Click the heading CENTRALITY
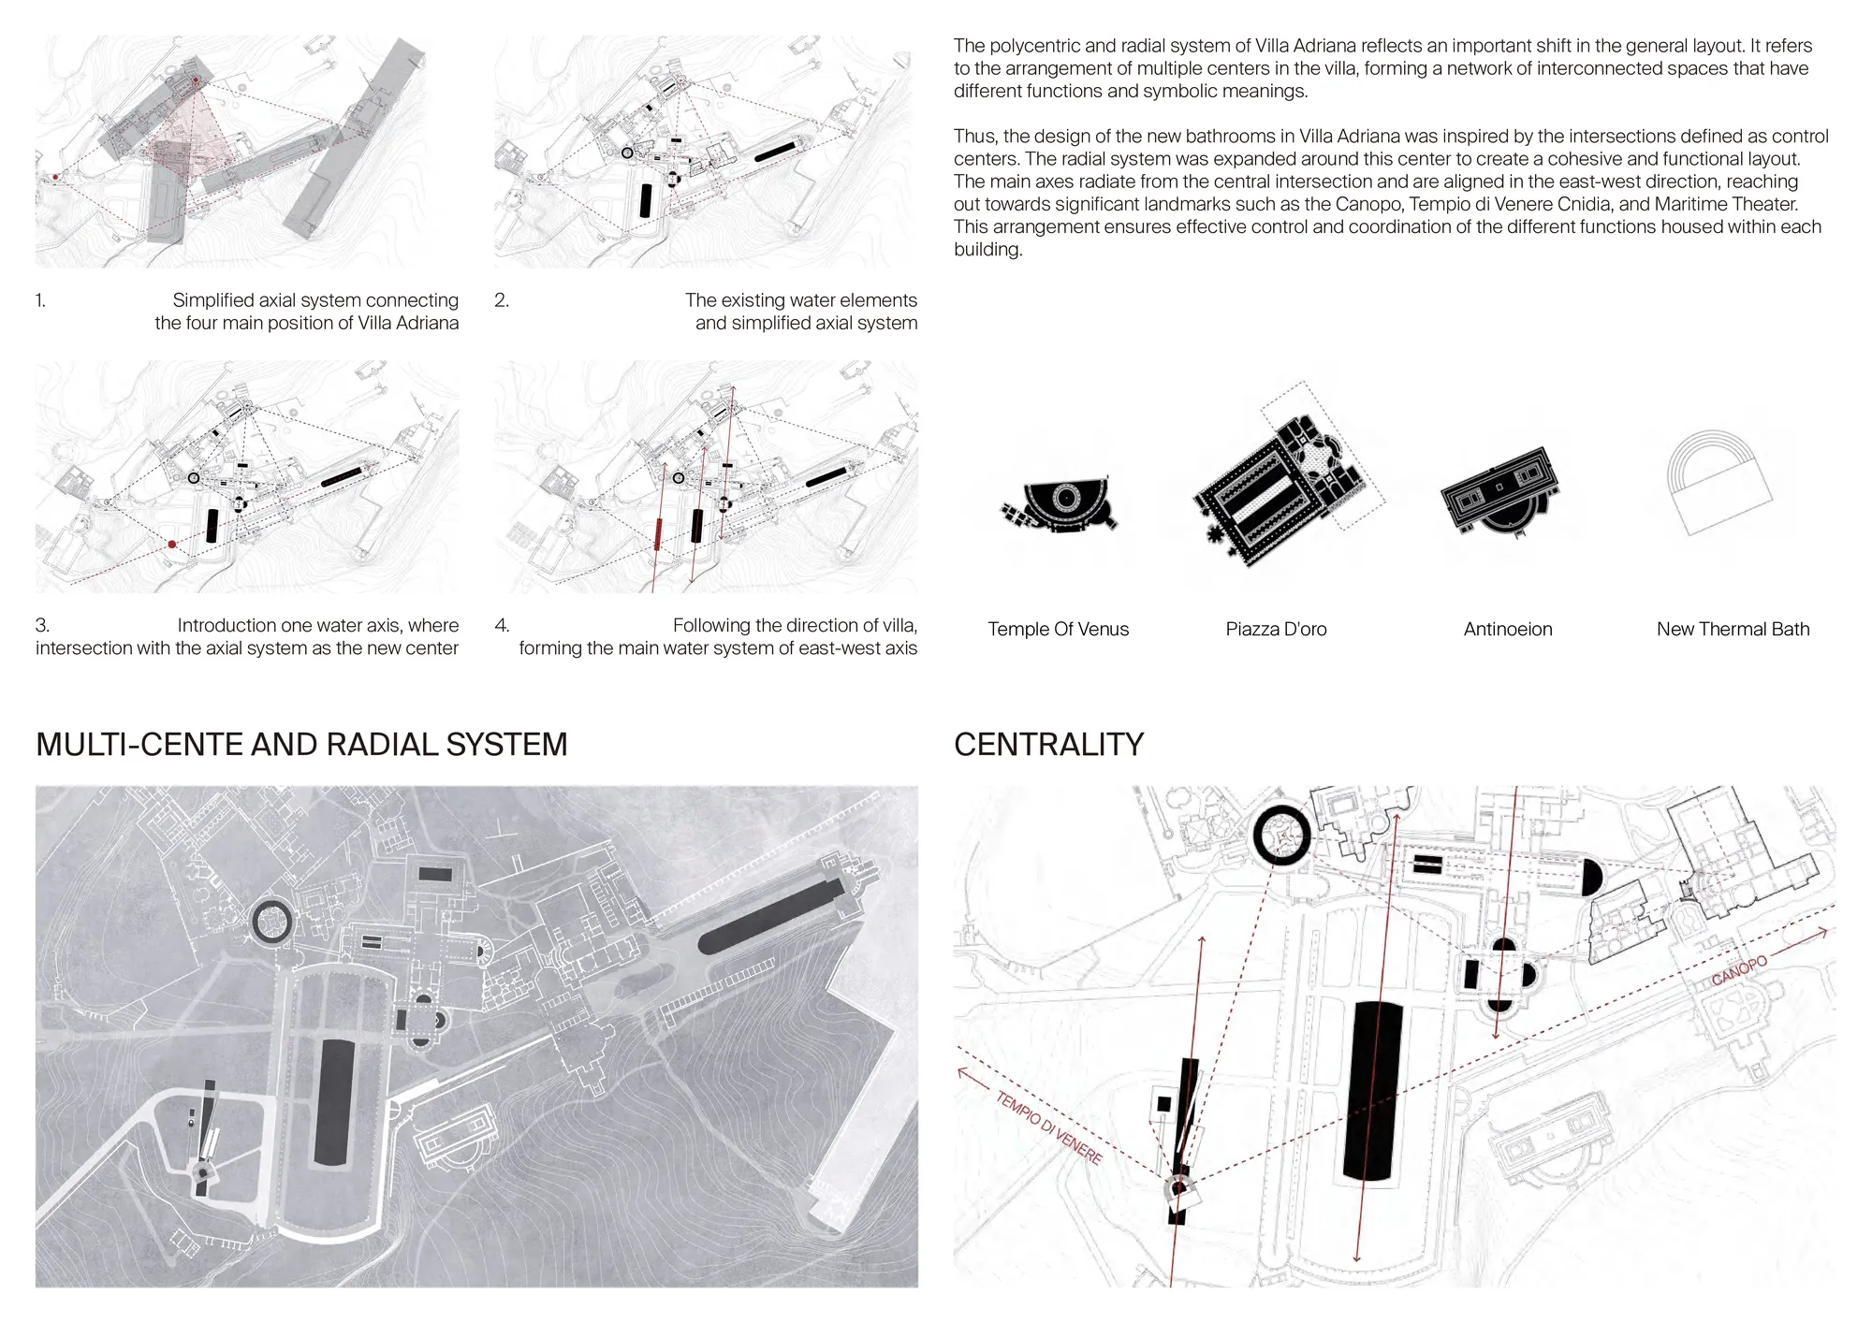[x=1048, y=744]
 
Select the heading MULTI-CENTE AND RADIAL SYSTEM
[x=301, y=744]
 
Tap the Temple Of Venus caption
[x=1058, y=629]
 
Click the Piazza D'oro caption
[x=1276, y=629]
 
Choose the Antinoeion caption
[x=1508, y=629]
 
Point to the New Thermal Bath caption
[x=1733, y=629]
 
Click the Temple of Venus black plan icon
[x=1059, y=506]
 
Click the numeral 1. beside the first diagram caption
[x=40, y=300]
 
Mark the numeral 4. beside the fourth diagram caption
[x=502, y=625]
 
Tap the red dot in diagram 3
[x=171, y=544]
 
